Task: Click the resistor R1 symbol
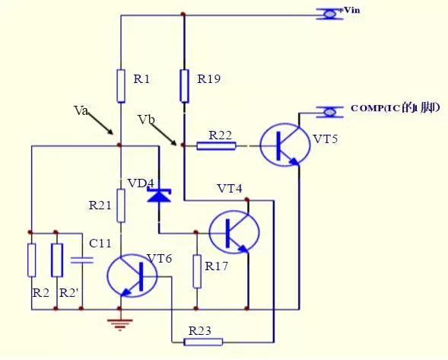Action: pos(120,85)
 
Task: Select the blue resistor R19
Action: pos(184,85)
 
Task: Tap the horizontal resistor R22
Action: pos(216,145)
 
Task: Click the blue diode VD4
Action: pos(158,196)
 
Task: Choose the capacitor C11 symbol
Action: pos(81,260)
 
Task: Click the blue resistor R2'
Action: pos(56,260)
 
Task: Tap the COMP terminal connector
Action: pos(330,112)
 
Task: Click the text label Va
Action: pos(81,111)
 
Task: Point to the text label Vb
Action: pos(146,120)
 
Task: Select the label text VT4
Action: pos(229,188)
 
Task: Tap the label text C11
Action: pos(100,244)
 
